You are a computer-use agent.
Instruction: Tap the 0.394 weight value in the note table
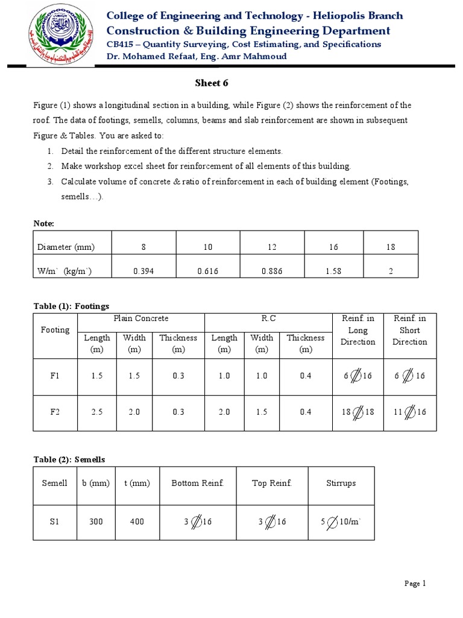click(x=143, y=271)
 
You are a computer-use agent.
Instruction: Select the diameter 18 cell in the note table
click(x=390, y=247)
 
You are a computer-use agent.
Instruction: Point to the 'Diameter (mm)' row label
click(x=66, y=247)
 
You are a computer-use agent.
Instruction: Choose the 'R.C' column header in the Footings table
click(x=268, y=318)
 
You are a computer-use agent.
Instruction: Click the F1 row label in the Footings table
click(x=55, y=375)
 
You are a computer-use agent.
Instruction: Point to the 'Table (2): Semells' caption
click(x=69, y=459)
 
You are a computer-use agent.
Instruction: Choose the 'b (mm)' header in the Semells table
click(x=96, y=483)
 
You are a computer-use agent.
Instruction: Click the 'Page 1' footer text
click(x=415, y=583)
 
